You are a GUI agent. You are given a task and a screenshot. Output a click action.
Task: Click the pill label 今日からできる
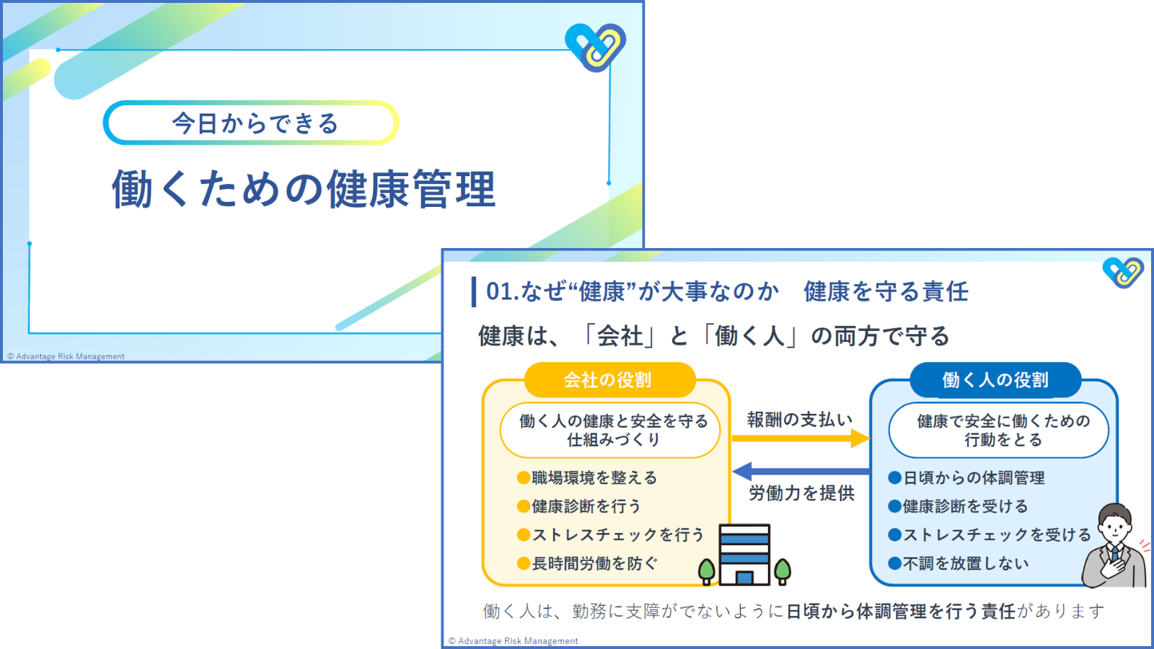point(255,123)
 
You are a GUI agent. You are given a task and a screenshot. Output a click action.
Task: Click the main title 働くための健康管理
point(304,190)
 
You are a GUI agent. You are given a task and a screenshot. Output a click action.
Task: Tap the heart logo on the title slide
point(596,47)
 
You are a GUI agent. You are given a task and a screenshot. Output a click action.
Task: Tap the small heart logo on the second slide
point(1122,273)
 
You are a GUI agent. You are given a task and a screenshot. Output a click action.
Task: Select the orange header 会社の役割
point(608,380)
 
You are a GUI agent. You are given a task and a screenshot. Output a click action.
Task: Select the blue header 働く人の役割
point(995,380)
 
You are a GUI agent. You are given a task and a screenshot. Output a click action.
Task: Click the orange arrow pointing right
point(800,438)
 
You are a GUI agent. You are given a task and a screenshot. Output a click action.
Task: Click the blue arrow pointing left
point(800,472)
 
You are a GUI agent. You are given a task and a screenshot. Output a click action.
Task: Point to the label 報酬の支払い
point(800,419)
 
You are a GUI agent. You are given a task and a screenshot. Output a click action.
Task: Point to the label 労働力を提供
point(801,493)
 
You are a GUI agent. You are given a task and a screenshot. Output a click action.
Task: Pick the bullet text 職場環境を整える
point(594,477)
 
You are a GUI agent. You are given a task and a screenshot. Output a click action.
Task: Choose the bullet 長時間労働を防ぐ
point(594,563)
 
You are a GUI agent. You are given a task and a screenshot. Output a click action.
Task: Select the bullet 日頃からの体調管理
point(974,477)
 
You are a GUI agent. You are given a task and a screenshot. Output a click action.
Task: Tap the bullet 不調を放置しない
point(966,563)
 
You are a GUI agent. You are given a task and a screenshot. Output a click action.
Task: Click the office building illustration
point(745,554)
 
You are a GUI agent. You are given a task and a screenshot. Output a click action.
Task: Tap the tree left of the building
point(707,570)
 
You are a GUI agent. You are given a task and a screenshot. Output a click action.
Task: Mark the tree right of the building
point(783,570)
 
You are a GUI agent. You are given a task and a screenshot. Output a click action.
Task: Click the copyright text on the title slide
point(66,356)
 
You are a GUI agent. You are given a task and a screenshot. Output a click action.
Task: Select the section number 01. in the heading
point(502,291)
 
